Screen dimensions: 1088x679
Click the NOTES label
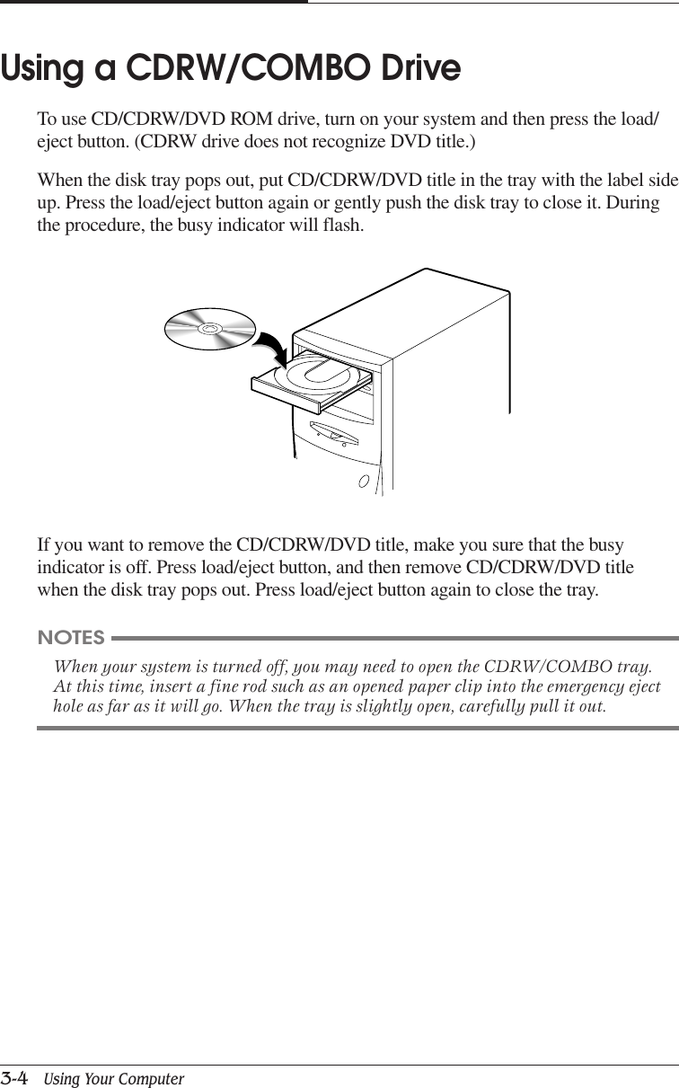pyautogui.click(x=71, y=638)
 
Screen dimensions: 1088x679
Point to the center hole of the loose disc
pyautogui.click(x=209, y=329)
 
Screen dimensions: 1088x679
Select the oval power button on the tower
pyautogui.click(x=364, y=481)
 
